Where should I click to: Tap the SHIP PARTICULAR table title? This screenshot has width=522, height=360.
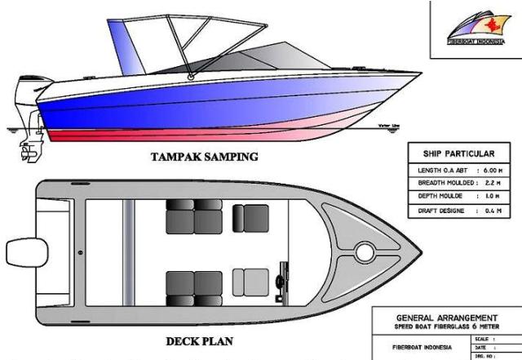click(459, 153)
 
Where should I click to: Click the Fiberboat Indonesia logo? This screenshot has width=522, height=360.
click(476, 25)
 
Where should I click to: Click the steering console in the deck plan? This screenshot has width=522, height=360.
click(283, 278)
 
